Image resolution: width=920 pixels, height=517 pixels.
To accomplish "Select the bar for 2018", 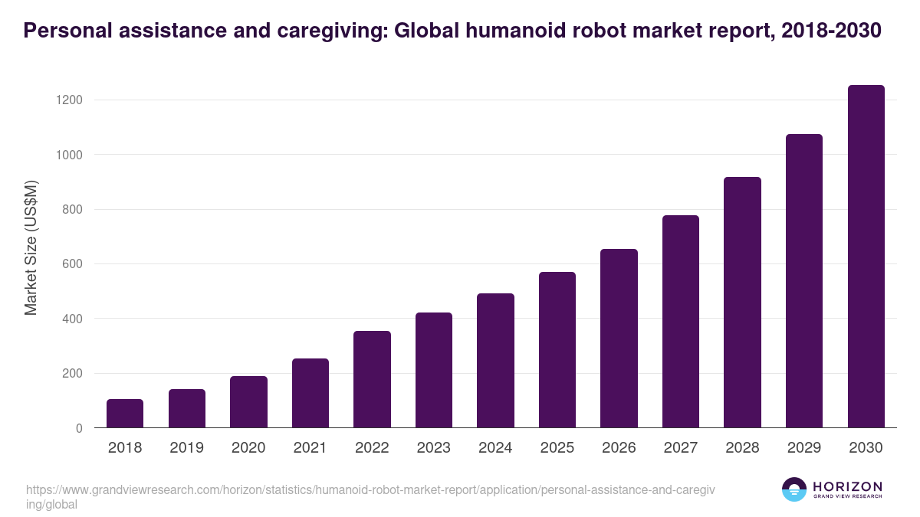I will pyautogui.click(x=125, y=414).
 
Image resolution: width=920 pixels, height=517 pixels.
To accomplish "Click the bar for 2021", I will pyautogui.click(x=310, y=393).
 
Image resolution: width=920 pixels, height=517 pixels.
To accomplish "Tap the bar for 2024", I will pyautogui.click(x=495, y=361).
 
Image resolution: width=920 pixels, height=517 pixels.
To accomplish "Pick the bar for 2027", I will pyautogui.click(x=681, y=322).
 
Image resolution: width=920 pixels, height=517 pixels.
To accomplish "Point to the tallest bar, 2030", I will pyautogui.click(x=866, y=257).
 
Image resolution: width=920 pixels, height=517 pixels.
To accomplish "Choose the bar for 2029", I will pyautogui.click(x=804, y=281).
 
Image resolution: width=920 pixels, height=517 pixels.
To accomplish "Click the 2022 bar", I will pyautogui.click(x=372, y=379).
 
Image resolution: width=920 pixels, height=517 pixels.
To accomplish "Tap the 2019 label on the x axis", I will pyautogui.click(x=186, y=447).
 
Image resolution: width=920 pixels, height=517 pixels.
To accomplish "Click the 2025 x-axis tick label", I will pyautogui.click(x=557, y=447).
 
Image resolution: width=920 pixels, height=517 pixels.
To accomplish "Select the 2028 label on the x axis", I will pyautogui.click(x=742, y=447).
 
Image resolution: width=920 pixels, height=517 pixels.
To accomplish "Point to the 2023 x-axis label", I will pyautogui.click(x=433, y=447).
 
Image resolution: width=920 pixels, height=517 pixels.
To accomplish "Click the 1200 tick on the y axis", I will pyautogui.click(x=68, y=100).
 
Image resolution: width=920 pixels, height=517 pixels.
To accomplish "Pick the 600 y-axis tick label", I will pyautogui.click(x=72, y=264).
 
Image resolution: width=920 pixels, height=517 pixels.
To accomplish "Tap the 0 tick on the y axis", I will pyautogui.click(x=79, y=428).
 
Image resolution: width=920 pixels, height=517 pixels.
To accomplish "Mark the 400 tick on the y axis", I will pyautogui.click(x=72, y=319).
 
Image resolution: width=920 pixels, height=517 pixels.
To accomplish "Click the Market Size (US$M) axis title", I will pyautogui.click(x=31, y=247).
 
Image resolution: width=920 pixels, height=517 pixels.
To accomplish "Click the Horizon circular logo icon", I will pyautogui.click(x=793, y=489).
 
